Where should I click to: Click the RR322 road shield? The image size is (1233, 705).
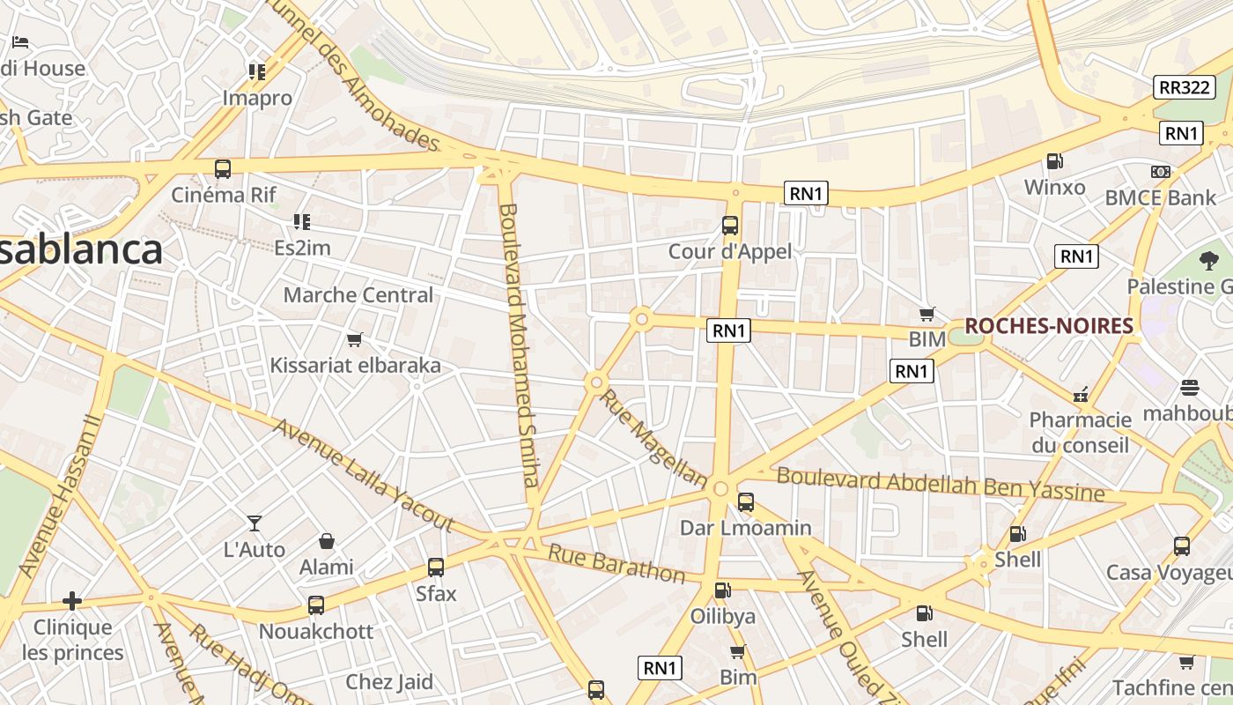pyautogui.click(x=1184, y=87)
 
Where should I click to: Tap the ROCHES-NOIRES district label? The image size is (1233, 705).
pyautogui.click(x=1048, y=326)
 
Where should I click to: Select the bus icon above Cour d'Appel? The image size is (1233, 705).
pyautogui.click(x=729, y=225)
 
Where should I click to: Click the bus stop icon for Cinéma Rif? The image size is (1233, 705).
pyautogui.click(x=223, y=168)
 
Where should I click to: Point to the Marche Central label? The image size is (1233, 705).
pyautogui.click(x=358, y=295)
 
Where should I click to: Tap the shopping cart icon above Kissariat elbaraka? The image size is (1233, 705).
pyautogui.click(x=355, y=339)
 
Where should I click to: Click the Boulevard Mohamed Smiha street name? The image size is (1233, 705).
pyautogui.click(x=518, y=344)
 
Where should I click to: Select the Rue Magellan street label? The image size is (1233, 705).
pyautogui.click(x=653, y=439)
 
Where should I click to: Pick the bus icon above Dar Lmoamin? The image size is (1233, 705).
pyautogui.click(x=745, y=502)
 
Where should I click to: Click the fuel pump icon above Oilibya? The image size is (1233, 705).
pyautogui.click(x=721, y=590)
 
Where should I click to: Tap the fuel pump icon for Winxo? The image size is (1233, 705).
pyautogui.click(x=1053, y=161)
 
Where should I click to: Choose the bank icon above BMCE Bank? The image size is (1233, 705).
pyautogui.click(x=1160, y=172)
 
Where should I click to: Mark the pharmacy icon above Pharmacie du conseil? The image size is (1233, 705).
pyautogui.click(x=1080, y=394)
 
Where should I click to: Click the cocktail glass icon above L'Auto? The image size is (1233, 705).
pyautogui.click(x=255, y=523)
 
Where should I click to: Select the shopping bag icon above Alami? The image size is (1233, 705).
pyautogui.click(x=326, y=541)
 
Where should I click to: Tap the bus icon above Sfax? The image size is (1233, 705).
pyautogui.click(x=435, y=568)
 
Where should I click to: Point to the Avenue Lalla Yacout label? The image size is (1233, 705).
pyautogui.click(x=363, y=476)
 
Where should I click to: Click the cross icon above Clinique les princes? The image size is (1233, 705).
pyautogui.click(x=72, y=602)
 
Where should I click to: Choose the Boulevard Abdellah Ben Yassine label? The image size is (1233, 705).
pyautogui.click(x=940, y=484)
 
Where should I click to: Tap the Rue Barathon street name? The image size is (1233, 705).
pyautogui.click(x=616, y=564)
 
